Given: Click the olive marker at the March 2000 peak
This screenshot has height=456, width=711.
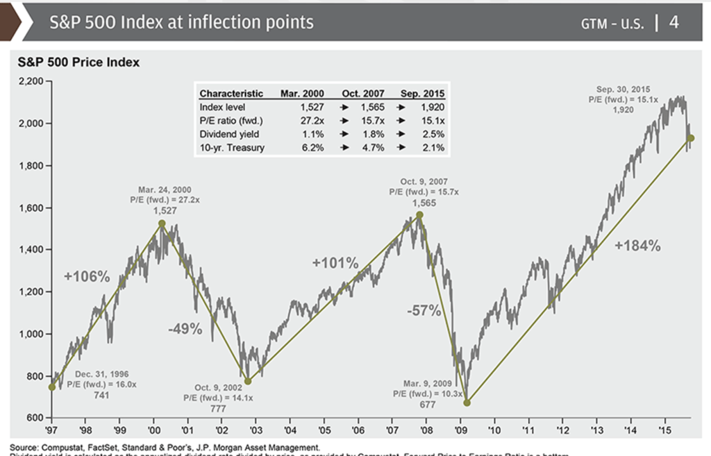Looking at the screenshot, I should point(162,223).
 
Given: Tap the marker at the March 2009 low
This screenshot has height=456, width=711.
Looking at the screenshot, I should point(467,403).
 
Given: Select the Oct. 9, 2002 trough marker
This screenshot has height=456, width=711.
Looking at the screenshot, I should point(248,381).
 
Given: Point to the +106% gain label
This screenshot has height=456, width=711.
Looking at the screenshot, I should point(87,276).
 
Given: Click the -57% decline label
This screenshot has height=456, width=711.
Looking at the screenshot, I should point(424,311).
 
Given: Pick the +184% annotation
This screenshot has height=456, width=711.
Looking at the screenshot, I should point(637,245).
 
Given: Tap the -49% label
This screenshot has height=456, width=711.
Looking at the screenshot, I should point(185,329).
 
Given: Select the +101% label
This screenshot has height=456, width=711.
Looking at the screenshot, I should point(335,263).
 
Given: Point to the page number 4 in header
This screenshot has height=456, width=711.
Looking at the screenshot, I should point(674,22).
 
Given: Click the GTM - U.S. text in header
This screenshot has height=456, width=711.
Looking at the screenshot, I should point(612,24).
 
